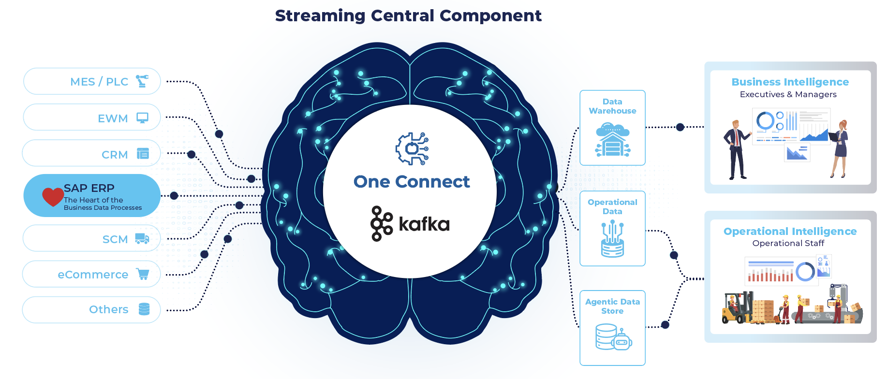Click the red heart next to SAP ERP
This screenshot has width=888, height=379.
coord(53,196)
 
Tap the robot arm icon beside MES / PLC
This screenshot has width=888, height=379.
coord(142,81)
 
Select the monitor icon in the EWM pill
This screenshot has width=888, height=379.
coord(142,118)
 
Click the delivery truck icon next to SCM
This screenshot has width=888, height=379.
coord(142,238)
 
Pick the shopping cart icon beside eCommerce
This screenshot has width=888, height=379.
coord(143,274)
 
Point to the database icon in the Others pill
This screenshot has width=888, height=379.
coord(144,309)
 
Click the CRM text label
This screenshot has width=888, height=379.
coord(115,155)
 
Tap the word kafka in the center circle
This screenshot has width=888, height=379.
coord(424,224)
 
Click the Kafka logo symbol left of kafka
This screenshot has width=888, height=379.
coord(381,223)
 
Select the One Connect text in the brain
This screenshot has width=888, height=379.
coord(412,182)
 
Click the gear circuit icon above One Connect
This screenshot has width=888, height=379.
coord(412,148)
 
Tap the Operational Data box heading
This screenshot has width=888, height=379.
coord(612,206)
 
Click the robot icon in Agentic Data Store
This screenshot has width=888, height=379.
coord(622,339)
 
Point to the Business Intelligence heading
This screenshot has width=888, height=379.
coord(790,82)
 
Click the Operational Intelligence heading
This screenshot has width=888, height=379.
coord(790,232)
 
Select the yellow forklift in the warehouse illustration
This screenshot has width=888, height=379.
coord(736,307)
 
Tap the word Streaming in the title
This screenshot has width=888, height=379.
coord(320,16)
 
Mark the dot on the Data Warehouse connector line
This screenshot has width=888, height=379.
coord(680,127)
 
